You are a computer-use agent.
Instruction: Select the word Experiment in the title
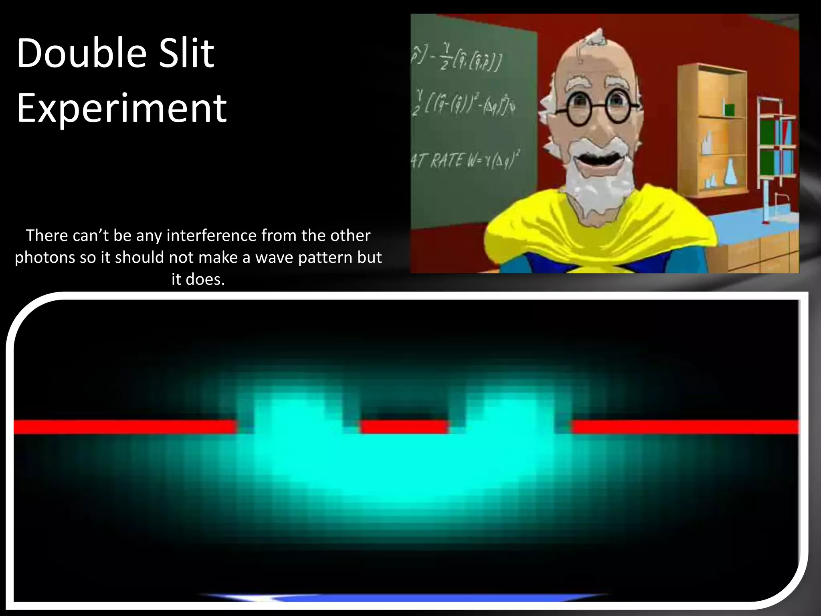[121, 108]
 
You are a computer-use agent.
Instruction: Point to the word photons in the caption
[45, 257]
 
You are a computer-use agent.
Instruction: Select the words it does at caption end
[198, 279]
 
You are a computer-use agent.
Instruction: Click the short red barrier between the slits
[404, 427]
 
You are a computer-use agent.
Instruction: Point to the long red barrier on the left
[124, 427]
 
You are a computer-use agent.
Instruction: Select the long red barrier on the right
[685, 427]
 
